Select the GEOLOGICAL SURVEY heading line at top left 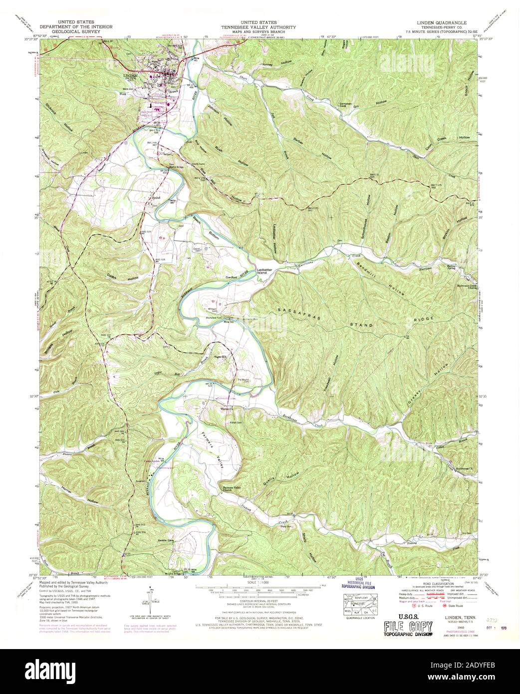pos(79,31)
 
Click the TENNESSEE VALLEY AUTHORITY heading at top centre pos(260,27)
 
